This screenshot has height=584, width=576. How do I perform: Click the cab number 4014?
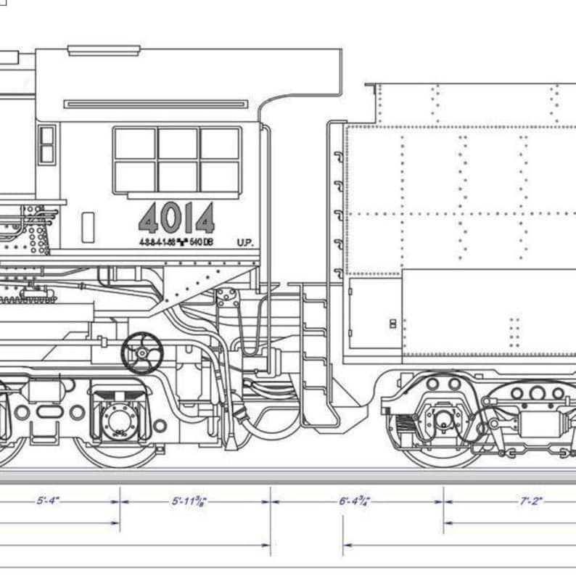tap(176, 217)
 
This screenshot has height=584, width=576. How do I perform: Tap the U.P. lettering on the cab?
tap(245, 242)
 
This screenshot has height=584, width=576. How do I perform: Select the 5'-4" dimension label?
tap(48, 501)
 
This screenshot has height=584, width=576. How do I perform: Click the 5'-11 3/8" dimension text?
tap(189, 501)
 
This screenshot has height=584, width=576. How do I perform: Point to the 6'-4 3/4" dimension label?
tap(355, 501)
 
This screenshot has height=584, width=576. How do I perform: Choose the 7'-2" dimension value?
tap(531, 501)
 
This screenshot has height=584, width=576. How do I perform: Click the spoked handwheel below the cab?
tap(141, 353)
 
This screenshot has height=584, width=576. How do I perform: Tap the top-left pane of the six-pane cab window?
tap(135, 143)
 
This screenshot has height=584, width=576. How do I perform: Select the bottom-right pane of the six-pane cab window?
tap(220, 176)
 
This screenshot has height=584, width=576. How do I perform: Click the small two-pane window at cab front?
tap(47, 144)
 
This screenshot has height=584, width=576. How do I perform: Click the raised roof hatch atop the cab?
tap(104, 50)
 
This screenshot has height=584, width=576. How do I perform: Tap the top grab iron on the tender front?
tap(338, 156)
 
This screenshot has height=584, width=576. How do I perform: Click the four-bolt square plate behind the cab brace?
tap(226, 297)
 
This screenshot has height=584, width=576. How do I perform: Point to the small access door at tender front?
tap(374, 313)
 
